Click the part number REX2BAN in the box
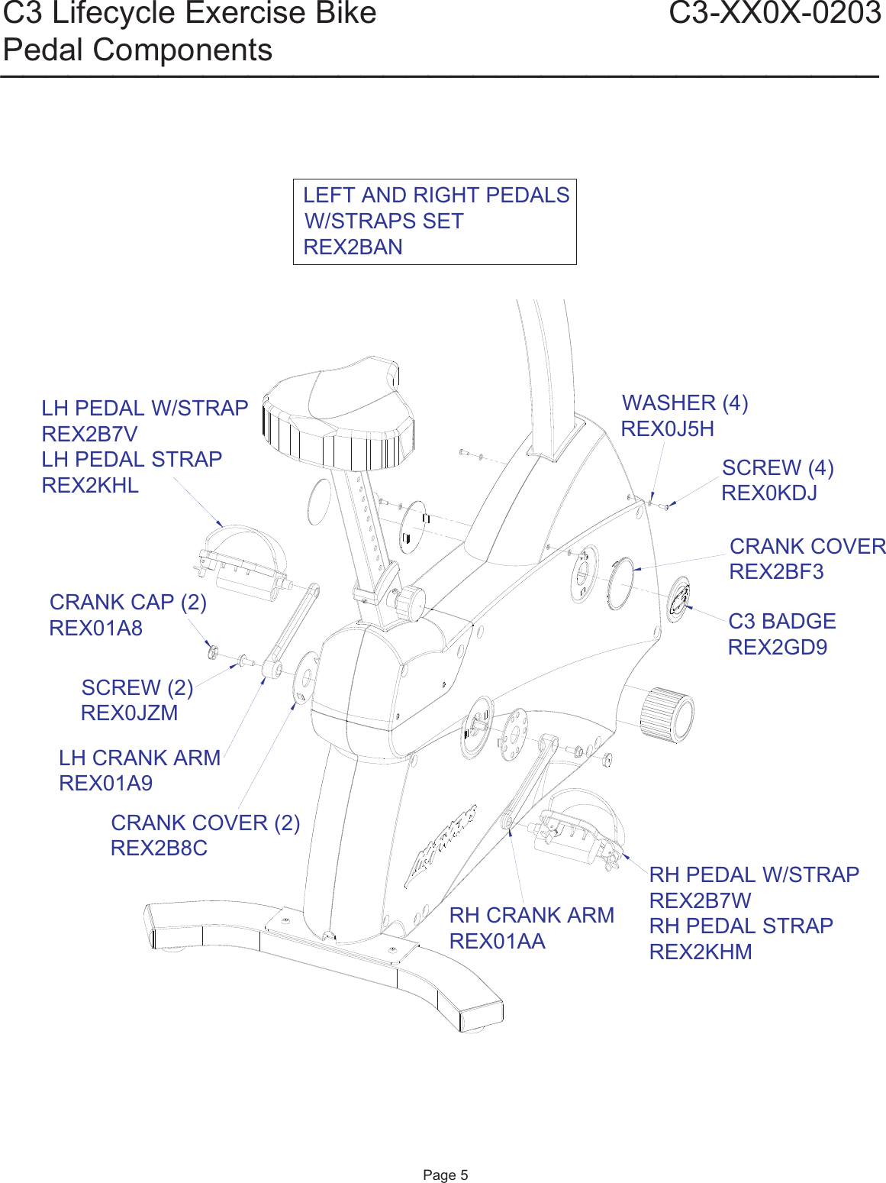tap(353, 247)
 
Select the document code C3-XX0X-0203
tap(774, 14)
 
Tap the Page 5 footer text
tap(445, 1175)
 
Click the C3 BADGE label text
tap(781, 621)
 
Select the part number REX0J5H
tap(667, 429)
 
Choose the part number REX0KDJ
tap(768, 493)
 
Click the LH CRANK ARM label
tap(140, 758)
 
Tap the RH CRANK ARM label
tap(531, 915)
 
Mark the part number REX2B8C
tap(159, 848)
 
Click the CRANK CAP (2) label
tap(128, 603)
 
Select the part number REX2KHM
tap(701, 952)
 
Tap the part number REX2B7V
tap(89, 434)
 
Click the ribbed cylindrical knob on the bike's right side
tap(665, 714)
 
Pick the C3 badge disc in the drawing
tap(678, 600)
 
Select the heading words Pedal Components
tap(137, 50)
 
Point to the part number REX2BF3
tap(776, 572)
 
